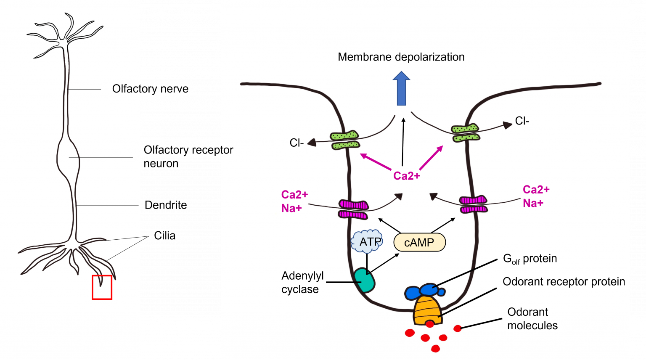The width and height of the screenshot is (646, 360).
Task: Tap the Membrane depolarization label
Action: (x=401, y=57)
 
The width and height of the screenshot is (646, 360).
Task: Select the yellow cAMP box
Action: (x=419, y=243)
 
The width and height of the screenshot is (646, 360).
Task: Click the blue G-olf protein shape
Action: (x=425, y=291)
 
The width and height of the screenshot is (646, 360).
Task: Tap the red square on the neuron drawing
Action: (x=102, y=287)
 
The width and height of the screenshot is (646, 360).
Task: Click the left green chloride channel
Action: (x=345, y=140)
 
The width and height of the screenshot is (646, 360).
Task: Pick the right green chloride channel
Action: (x=465, y=133)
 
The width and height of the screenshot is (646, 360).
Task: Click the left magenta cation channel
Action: (x=353, y=209)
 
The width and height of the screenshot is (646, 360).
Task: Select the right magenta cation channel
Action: (x=474, y=204)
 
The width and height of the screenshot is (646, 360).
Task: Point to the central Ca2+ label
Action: (x=406, y=176)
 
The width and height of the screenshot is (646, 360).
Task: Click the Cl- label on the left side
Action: (x=297, y=143)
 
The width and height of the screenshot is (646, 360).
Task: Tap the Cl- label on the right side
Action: (x=522, y=121)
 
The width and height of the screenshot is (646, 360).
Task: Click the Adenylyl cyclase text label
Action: (x=302, y=283)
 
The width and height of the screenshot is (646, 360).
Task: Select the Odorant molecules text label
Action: (x=532, y=319)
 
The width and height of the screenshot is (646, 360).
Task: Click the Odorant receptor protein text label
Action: (x=564, y=281)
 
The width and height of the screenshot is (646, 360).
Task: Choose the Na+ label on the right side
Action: (x=533, y=203)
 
